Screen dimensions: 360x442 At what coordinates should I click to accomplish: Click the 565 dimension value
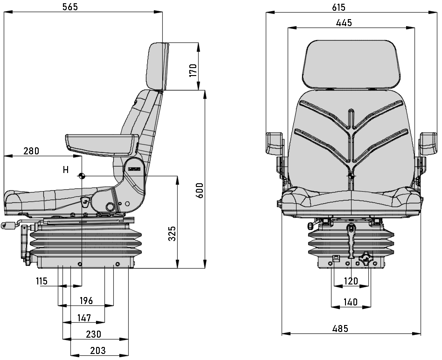tap(69, 7)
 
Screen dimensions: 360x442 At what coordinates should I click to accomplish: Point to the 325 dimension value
tap(172, 233)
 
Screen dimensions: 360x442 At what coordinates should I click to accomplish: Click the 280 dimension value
tap(31, 151)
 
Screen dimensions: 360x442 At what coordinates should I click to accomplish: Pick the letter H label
tap(66, 170)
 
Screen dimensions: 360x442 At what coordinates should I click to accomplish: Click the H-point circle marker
tap(82, 176)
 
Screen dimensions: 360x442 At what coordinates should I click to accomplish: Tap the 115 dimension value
tap(41, 281)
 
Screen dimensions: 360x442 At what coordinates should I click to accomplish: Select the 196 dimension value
tap(85, 301)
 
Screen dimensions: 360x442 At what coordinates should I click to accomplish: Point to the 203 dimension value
tap(97, 351)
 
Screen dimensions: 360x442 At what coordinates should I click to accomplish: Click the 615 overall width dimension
tap(338, 7)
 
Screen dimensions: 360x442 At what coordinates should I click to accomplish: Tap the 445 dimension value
tap(344, 22)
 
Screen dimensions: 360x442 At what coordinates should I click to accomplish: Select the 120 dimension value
tap(351, 281)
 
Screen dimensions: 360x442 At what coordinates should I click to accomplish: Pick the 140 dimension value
tap(350, 302)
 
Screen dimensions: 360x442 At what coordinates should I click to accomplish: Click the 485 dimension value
tap(340, 329)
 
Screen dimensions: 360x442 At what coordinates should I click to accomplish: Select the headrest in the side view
tap(157, 65)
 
